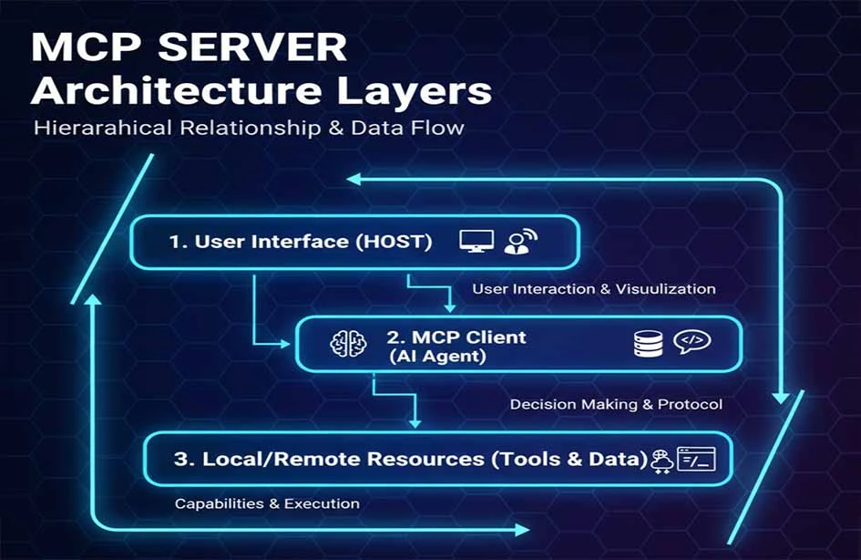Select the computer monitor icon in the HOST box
[477, 241]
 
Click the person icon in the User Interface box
[520, 242]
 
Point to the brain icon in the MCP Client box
[347, 343]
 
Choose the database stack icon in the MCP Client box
[648, 343]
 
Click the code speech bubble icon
[692, 342]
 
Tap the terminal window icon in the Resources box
[696, 459]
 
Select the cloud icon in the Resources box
[662, 461]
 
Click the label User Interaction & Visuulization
[593, 288]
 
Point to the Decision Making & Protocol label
[616, 403]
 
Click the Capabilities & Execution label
[267, 503]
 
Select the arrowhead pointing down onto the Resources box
[416, 422]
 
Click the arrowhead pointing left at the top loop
[354, 180]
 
